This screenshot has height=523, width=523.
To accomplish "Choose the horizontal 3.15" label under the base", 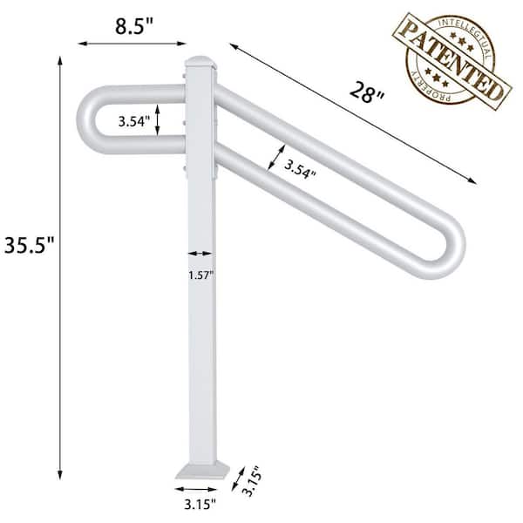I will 201,503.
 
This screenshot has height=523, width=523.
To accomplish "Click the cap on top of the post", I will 200,62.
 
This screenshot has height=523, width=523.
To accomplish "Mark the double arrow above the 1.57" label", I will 200,253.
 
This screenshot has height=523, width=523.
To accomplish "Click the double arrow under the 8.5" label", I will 132,40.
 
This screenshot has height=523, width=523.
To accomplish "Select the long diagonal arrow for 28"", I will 354,113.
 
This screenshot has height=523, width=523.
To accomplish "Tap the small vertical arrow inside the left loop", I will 158,120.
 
